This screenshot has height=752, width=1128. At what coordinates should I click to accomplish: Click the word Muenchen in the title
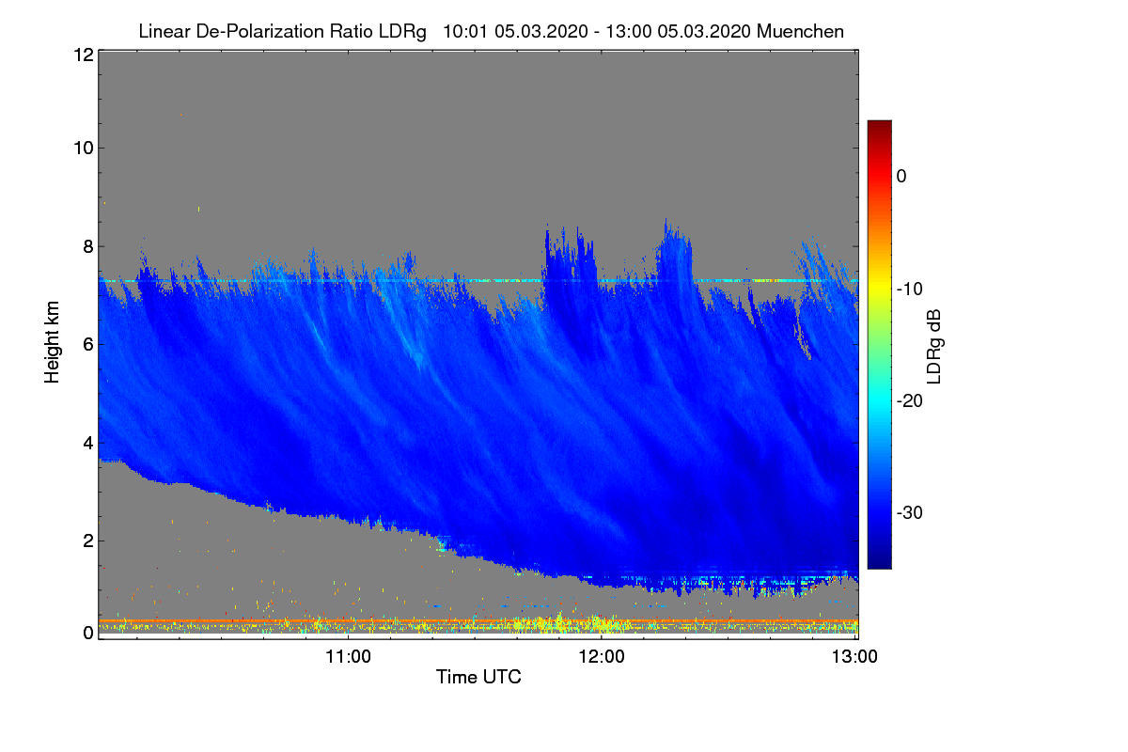[800, 31]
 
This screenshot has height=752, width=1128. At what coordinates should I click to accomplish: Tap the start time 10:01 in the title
[464, 31]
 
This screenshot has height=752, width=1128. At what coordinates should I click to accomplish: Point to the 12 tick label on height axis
[82, 55]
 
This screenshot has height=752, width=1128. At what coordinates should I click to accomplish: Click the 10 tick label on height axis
[82, 148]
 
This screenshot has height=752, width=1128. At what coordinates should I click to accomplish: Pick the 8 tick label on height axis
[86, 246]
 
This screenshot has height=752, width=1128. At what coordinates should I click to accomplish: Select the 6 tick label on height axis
[86, 344]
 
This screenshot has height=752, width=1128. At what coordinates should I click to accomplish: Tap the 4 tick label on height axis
[86, 442]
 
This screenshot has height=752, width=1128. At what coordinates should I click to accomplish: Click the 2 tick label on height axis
[86, 540]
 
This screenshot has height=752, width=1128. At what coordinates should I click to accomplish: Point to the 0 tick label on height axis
[86, 633]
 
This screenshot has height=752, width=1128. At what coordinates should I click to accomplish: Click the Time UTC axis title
[478, 677]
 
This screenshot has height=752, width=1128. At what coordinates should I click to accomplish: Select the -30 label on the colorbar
[909, 513]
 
